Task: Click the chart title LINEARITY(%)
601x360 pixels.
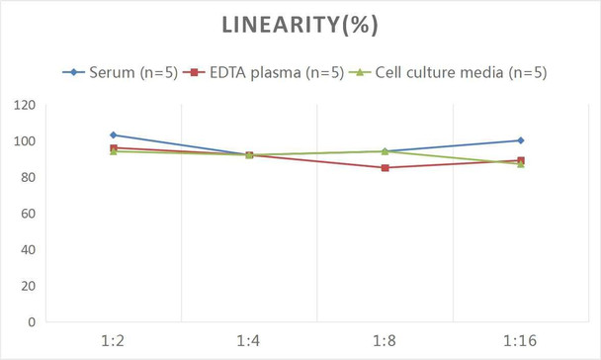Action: [x=300, y=25]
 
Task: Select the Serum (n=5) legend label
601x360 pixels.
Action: [x=133, y=72]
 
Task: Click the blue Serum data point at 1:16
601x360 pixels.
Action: [x=521, y=140]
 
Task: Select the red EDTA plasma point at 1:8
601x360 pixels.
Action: [x=385, y=167]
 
